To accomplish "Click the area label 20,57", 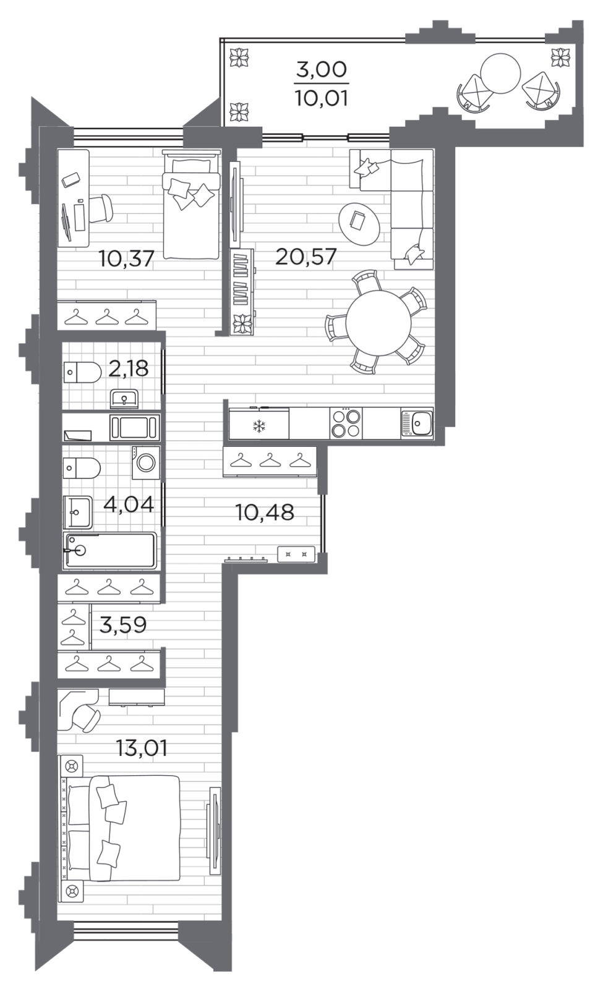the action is pyautogui.click(x=305, y=257).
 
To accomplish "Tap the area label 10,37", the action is pyautogui.click(x=126, y=258).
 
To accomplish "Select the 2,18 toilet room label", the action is pyautogui.click(x=128, y=368).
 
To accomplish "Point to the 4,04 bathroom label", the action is pyautogui.click(x=129, y=504).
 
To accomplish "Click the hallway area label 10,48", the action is pyautogui.click(x=265, y=512).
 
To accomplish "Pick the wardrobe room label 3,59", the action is pyautogui.click(x=123, y=625).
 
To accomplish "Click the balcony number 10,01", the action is pyautogui.click(x=321, y=98).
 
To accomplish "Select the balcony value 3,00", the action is pyautogui.click(x=321, y=69).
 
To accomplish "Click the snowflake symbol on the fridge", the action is pyautogui.click(x=259, y=426).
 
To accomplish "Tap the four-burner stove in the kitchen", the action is pyautogui.click(x=346, y=423).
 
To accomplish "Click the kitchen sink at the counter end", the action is pyautogui.click(x=417, y=423).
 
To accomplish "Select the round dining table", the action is pyautogui.click(x=378, y=323).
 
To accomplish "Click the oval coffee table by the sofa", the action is pyautogui.click(x=359, y=224).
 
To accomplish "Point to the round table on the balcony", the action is pyautogui.click(x=500, y=74).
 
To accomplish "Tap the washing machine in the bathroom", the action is pyautogui.click(x=146, y=462).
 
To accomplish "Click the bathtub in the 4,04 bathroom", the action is pyautogui.click(x=110, y=550).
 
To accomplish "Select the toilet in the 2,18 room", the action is pyautogui.click(x=82, y=372).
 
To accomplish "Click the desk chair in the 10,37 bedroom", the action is pyautogui.click(x=101, y=208).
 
